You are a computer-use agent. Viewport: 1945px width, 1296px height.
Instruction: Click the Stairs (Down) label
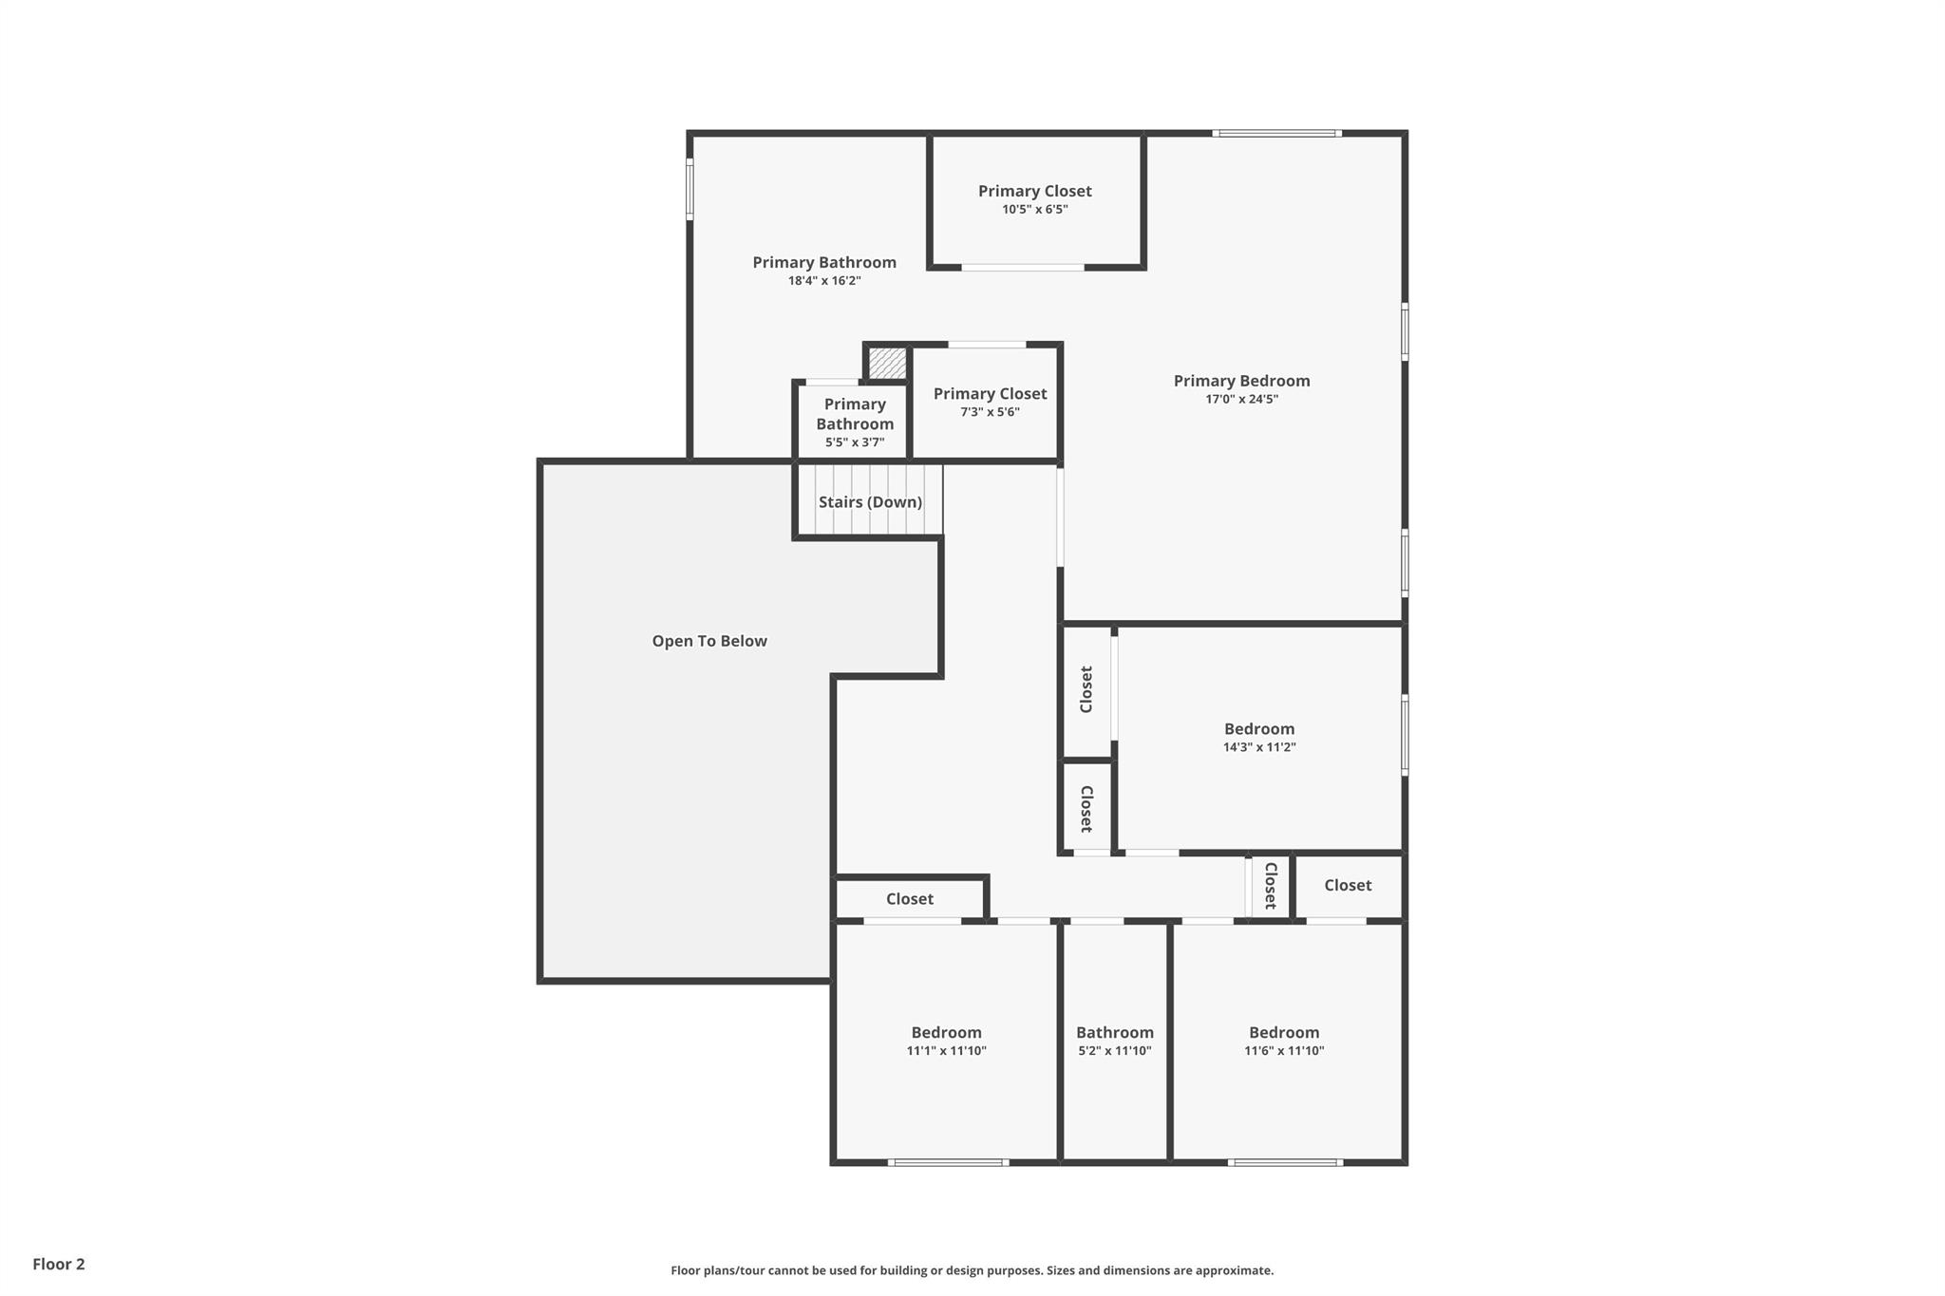[870, 502]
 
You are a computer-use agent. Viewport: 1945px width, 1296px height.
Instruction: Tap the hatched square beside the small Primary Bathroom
[888, 363]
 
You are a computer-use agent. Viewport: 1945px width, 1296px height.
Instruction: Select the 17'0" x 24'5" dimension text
[1241, 400]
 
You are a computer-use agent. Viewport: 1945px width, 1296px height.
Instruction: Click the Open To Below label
[709, 641]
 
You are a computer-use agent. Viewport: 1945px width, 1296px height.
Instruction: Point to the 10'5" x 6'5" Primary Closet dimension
[1034, 210]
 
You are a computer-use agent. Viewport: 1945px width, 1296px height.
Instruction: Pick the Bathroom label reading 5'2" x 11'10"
[1114, 1033]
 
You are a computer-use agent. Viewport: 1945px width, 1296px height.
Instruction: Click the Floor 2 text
[59, 1264]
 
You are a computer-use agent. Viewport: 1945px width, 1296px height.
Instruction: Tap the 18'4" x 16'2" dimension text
[824, 281]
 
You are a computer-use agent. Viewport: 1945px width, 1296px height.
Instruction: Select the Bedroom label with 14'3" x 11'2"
[1258, 729]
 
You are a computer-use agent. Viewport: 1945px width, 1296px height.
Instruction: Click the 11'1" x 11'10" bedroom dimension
[946, 1051]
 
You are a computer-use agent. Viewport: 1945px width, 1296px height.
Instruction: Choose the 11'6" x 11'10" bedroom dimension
[1284, 1051]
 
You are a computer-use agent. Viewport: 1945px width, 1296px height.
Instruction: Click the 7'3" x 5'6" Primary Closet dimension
[990, 412]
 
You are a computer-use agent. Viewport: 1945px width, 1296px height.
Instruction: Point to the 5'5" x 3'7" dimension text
[855, 442]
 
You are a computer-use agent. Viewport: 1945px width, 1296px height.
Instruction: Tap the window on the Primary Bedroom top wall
[1276, 134]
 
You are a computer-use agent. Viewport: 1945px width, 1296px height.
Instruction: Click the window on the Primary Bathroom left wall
[690, 189]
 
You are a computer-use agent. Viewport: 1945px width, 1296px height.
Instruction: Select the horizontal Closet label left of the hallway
[909, 899]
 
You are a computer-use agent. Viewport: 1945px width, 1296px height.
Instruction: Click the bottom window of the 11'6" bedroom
[1284, 1162]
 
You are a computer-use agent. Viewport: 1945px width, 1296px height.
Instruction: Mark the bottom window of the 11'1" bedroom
[948, 1162]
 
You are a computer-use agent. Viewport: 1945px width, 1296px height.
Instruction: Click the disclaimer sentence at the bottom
[972, 1270]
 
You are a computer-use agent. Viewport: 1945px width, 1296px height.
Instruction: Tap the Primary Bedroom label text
[1241, 381]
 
